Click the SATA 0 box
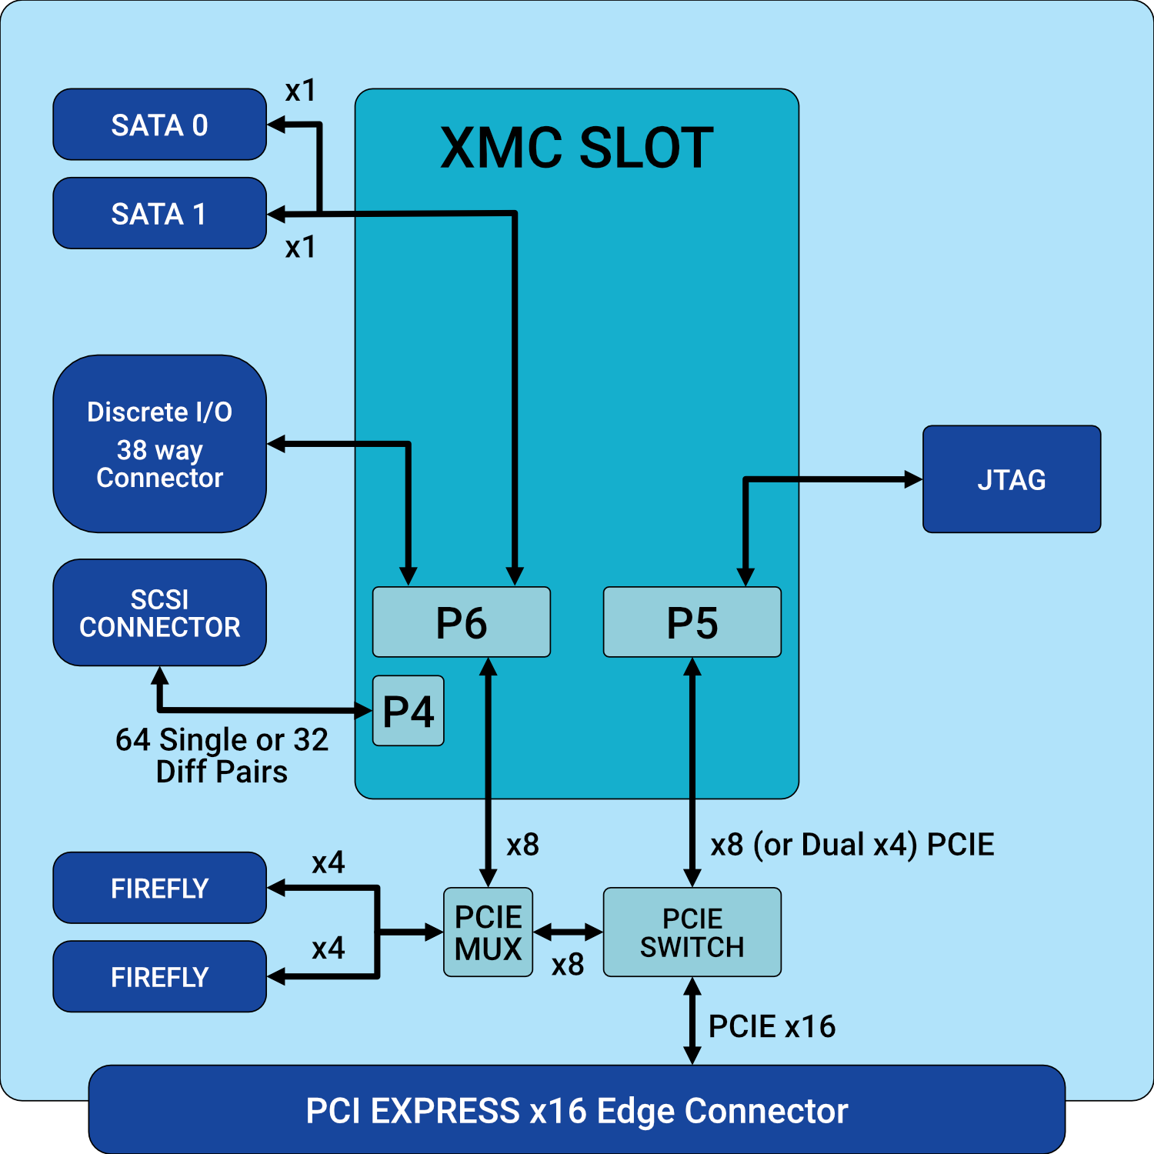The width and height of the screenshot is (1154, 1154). click(x=159, y=125)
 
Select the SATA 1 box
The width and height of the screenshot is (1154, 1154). click(x=159, y=213)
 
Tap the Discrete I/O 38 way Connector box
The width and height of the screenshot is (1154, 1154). click(x=159, y=444)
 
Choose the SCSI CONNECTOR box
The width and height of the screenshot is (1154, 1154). click(x=159, y=612)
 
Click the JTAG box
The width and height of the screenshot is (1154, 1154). click(x=1011, y=479)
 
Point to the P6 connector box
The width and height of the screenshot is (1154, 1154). click(x=461, y=622)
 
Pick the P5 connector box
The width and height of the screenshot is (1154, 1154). click(x=692, y=622)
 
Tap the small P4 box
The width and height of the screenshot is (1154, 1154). click(x=408, y=711)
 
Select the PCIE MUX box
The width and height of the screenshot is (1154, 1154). click(x=488, y=932)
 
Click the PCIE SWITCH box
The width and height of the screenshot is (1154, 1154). click(x=692, y=932)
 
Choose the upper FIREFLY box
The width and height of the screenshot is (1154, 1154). click(x=159, y=888)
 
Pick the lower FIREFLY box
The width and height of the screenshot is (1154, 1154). click(x=159, y=976)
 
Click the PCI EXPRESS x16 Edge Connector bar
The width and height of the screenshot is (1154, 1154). click(x=576, y=1110)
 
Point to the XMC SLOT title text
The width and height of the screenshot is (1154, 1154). click(x=576, y=148)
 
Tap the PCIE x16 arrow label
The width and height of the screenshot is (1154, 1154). click(x=772, y=1026)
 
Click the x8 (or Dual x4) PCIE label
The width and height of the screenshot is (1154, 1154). click(x=852, y=845)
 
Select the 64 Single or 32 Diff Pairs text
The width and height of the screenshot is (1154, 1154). click(x=222, y=755)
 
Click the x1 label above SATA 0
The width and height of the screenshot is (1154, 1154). click(x=300, y=91)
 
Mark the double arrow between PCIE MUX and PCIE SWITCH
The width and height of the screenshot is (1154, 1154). click(x=568, y=932)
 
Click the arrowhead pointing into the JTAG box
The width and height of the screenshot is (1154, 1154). click(x=913, y=479)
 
